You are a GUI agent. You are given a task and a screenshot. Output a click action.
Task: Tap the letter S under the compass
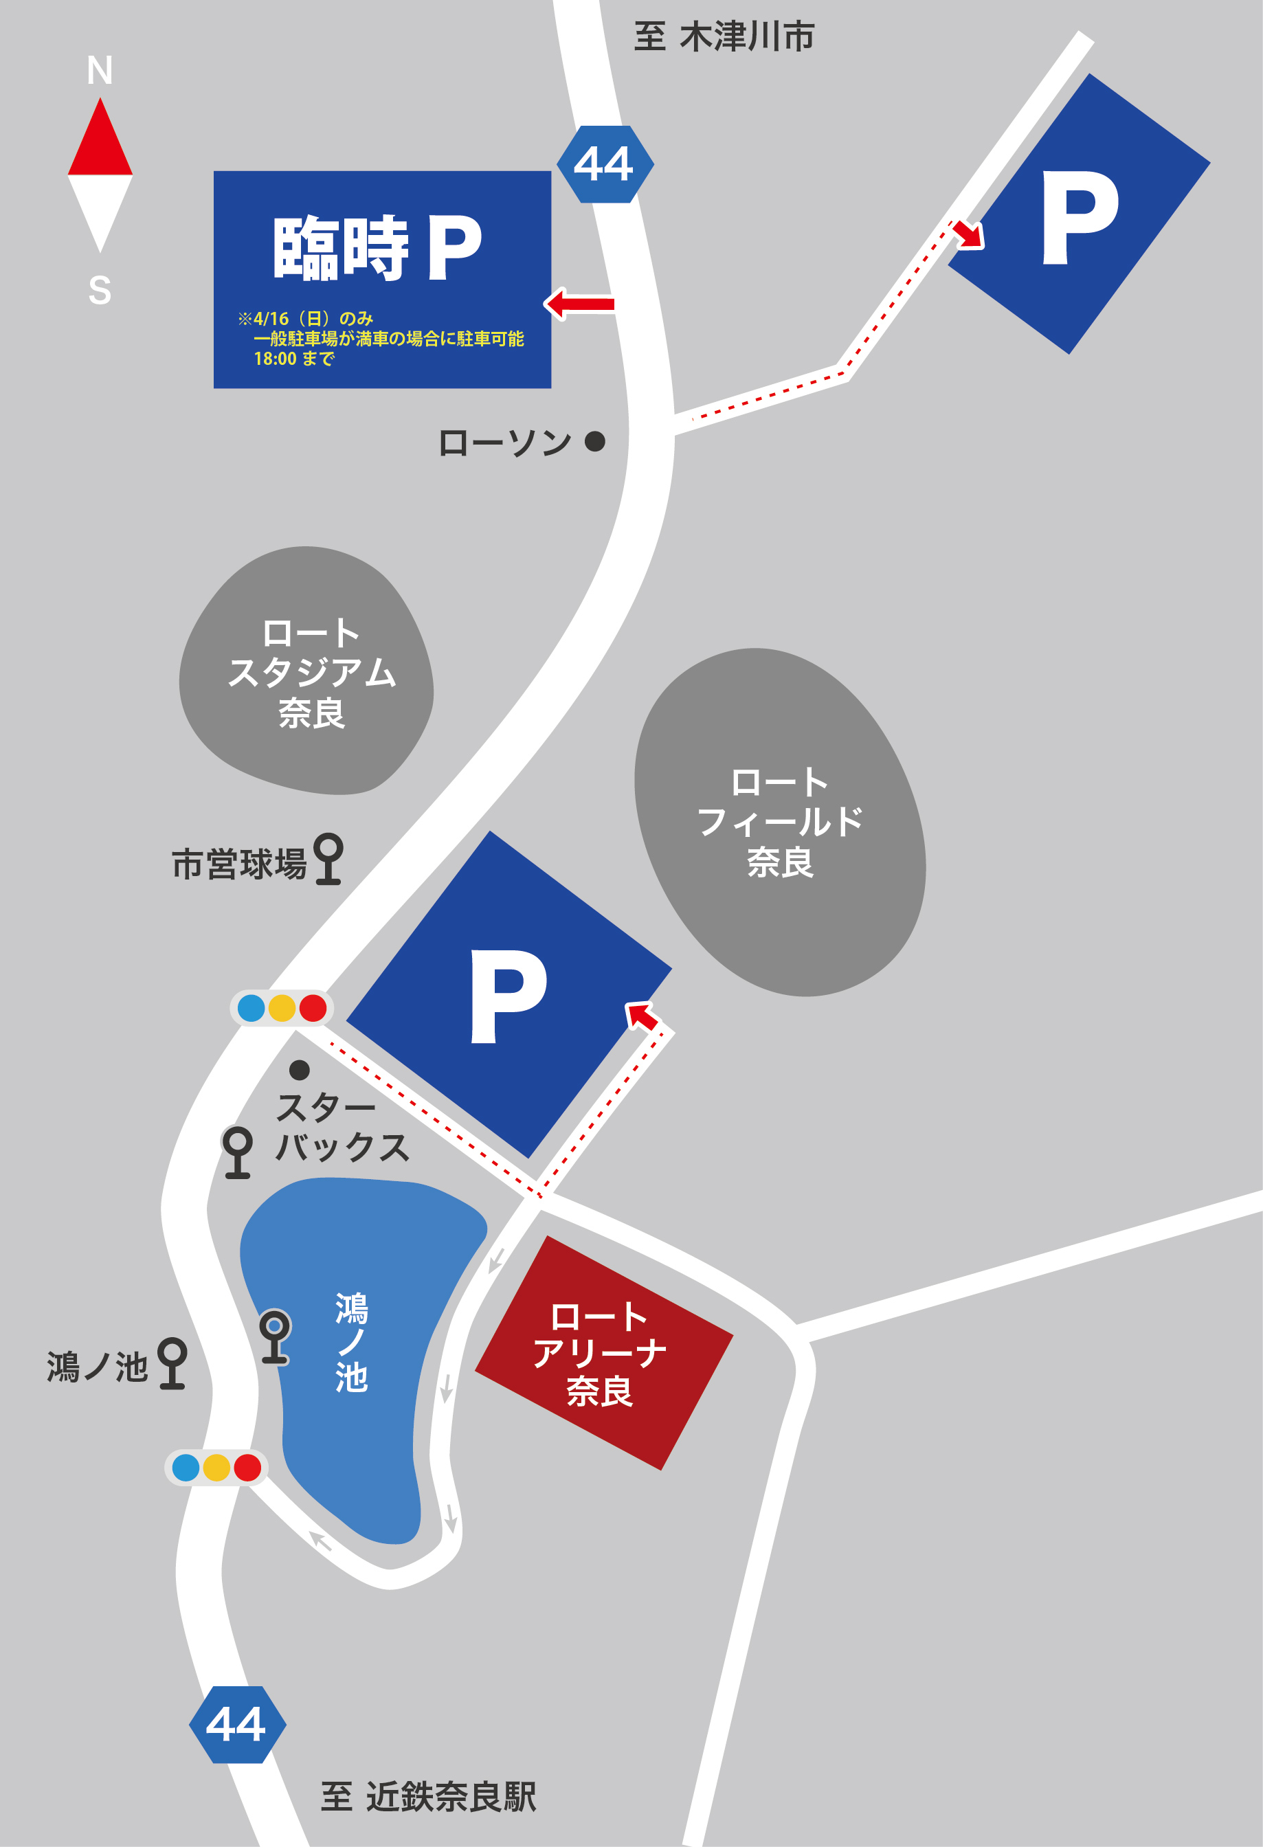point(100,290)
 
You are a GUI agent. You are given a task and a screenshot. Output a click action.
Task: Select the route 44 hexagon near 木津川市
point(605,164)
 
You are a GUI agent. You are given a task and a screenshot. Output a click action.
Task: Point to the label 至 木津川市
point(724,37)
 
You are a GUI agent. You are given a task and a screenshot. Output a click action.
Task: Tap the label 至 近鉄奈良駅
point(428,1797)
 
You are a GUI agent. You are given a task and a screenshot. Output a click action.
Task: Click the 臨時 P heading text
point(377,248)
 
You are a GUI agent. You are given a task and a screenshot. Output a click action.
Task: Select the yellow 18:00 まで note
point(293,359)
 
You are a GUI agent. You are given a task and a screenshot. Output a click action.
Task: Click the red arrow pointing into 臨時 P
point(580,304)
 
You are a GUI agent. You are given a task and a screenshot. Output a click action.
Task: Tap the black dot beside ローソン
point(594,441)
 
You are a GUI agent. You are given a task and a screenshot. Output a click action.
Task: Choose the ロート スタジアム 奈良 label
point(311,673)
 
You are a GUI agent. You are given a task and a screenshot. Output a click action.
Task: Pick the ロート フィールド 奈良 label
point(780,821)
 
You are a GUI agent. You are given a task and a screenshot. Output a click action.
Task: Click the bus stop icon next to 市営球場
point(328,858)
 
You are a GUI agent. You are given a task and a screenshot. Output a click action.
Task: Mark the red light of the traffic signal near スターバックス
point(313,1008)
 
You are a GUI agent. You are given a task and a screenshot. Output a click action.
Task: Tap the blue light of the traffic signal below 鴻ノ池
point(186,1467)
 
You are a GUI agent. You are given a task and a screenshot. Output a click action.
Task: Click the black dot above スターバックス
point(299,1070)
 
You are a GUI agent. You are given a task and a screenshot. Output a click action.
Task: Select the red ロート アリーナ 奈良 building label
point(600,1354)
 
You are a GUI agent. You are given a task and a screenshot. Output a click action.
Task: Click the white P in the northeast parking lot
point(1080,216)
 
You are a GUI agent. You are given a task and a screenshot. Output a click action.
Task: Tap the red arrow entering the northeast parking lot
point(968,234)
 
